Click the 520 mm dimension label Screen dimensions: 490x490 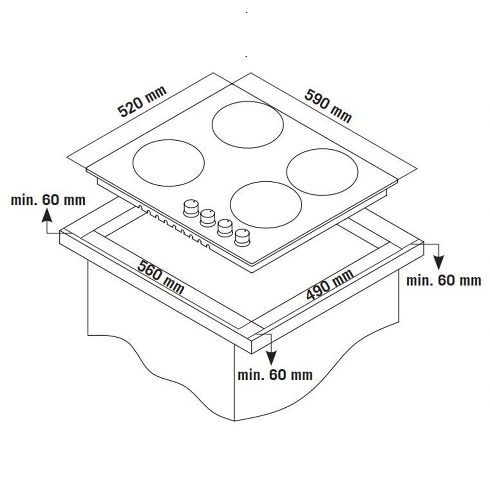tap(142, 101)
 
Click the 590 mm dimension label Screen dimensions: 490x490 tap(328, 106)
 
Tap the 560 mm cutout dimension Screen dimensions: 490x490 tap(161, 277)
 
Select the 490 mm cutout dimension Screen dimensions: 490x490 tap(330, 284)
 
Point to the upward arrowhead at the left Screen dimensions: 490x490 tap(47, 215)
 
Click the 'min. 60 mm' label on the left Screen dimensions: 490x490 tap(48, 200)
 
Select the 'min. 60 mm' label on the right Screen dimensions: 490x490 tap(443, 280)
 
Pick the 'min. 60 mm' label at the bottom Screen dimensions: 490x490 tap(275, 375)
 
